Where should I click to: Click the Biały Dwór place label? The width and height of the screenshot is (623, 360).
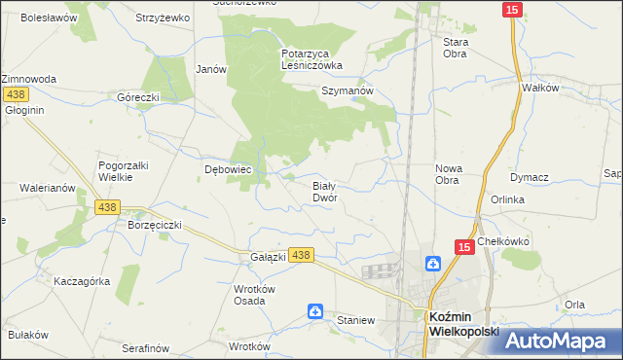coord(324,190)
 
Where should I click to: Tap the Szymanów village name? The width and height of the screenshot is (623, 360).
coord(348,90)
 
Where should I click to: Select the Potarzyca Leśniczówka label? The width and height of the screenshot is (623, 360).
coord(311,59)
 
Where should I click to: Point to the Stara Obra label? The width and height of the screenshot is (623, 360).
coord(456,48)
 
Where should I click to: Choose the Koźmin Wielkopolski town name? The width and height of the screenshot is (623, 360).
coord(463,322)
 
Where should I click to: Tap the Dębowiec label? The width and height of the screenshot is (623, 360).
coord(228,169)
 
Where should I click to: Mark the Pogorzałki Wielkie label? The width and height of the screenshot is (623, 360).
coord(123,171)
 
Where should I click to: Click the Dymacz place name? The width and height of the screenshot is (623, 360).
coord(530,177)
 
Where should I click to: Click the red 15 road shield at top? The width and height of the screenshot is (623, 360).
coord(513,9)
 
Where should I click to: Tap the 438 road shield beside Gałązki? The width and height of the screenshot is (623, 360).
coord(302,255)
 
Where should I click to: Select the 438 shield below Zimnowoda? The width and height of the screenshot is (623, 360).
coord(15,94)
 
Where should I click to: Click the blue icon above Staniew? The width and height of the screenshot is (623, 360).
coord(315,311)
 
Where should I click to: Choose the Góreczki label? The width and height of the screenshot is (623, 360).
coord(137,97)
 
